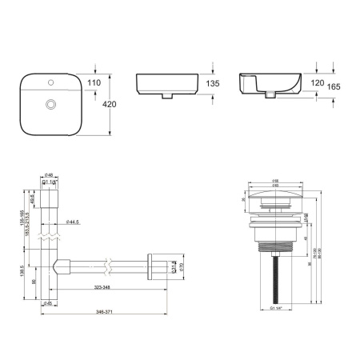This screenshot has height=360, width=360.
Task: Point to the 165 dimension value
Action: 335,89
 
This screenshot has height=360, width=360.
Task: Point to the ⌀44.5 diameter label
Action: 73,222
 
